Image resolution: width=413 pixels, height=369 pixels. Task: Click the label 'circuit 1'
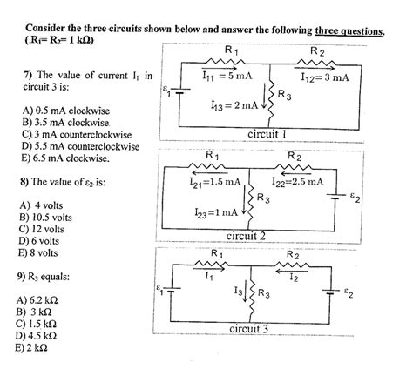click(274, 135)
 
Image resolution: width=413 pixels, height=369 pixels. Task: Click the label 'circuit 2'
click(253, 235)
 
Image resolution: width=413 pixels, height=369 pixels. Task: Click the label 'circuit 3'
click(254, 329)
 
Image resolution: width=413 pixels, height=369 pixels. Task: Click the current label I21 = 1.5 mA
click(213, 182)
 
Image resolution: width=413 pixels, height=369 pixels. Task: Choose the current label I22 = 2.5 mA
click(297, 182)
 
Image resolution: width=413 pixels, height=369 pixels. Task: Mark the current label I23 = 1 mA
click(218, 211)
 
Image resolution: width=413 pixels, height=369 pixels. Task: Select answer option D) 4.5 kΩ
click(37, 333)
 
